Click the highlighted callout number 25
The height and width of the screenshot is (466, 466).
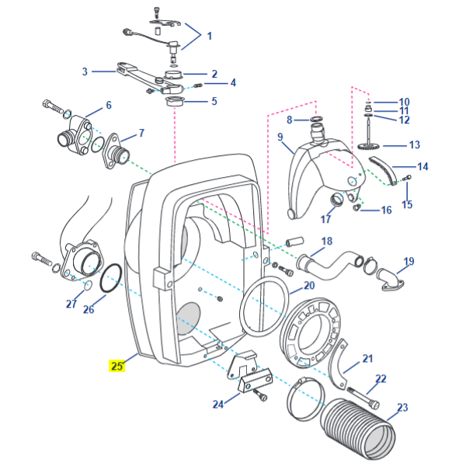click(x=116, y=365)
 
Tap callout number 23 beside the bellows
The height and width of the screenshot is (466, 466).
click(x=402, y=407)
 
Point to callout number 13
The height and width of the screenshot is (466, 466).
click(x=413, y=144)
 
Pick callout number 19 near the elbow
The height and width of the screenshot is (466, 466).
click(x=409, y=262)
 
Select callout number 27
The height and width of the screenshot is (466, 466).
click(x=71, y=304)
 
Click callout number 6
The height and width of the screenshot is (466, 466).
click(x=108, y=105)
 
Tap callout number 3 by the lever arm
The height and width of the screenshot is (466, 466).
click(x=85, y=71)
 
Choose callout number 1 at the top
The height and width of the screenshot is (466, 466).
click(x=208, y=36)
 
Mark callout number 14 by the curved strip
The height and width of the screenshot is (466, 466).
click(x=423, y=166)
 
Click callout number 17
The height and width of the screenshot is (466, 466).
click(x=326, y=220)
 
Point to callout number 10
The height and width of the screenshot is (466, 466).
click(x=404, y=103)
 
